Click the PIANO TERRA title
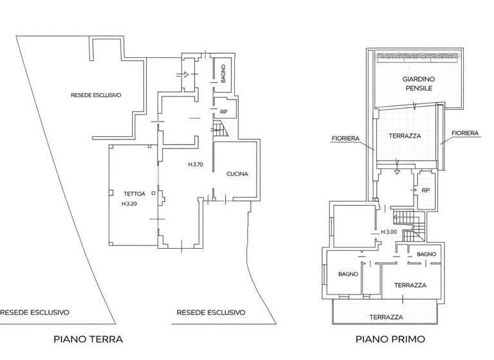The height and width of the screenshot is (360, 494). pos(88,339)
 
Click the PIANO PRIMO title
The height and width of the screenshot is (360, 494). pos(390,339)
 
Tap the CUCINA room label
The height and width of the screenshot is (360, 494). pos(237,174)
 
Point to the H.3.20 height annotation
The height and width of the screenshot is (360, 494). pos(129,204)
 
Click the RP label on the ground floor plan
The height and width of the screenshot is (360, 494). pos(223,112)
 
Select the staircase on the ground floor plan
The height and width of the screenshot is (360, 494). pos(221,131)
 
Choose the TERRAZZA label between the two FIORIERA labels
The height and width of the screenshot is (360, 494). pos(405,136)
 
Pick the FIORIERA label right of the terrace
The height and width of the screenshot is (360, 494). pos(464,133)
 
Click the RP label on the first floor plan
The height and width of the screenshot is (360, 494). pos(425,190)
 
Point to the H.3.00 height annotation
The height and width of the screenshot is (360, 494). pos(389,232)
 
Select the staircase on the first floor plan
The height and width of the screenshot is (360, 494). pos(408,225)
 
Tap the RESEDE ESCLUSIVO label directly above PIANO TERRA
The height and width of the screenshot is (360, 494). pos(211,312)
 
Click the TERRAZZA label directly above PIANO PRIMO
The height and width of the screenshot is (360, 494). pos(386,317)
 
